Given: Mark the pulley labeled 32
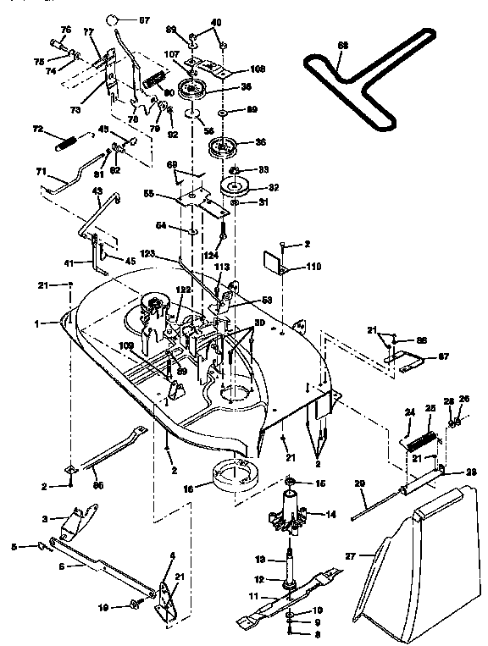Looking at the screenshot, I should [233, 188].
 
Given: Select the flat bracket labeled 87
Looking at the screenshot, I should [403, 358].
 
